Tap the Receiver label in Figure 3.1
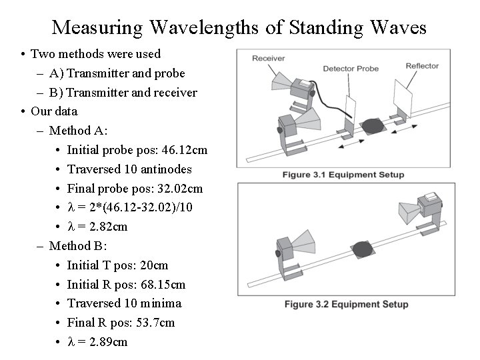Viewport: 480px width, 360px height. (268, 59)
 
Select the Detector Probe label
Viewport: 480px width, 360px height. (351, 69)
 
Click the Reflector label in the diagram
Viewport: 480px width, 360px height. (422, 65)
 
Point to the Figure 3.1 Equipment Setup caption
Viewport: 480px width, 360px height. (343, 175)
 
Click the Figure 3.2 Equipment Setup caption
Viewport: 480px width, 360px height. (346, 305)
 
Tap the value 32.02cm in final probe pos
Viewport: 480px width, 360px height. (177, 189)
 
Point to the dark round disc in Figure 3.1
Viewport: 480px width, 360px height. (372, 126)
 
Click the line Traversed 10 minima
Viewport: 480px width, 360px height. (124, 303)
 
